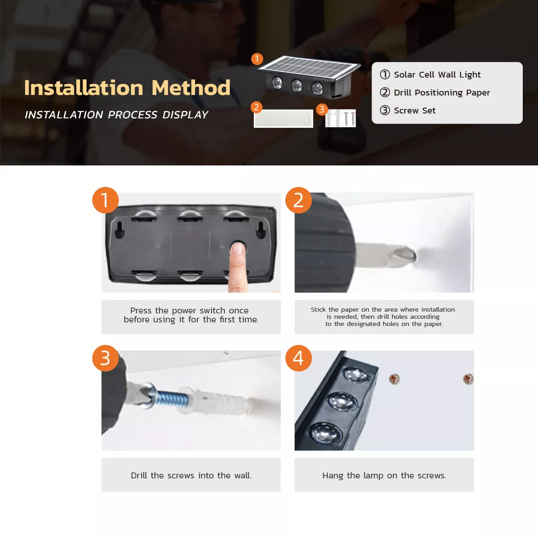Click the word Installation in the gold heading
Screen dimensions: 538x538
pos(84,88)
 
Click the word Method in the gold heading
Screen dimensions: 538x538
pos(191,88)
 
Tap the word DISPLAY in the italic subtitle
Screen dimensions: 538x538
pos(185,115)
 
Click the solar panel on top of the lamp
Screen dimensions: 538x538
pos(309,67)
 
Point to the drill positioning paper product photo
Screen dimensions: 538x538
pos(283,119)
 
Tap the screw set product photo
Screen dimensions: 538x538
pos(340,118)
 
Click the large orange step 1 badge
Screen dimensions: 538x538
pos(105,200)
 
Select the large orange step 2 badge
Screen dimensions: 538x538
pos(299,200)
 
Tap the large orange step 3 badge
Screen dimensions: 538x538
pos(105,358)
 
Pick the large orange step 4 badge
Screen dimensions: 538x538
pos(299,358)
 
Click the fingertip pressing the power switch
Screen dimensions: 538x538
pos(238,248)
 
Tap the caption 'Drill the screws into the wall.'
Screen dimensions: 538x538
pos(191,476)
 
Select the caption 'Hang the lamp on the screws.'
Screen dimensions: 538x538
pos(384,476)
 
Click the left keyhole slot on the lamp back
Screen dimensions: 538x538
pos(120,230)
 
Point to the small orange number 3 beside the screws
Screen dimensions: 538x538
pos(322,109)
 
